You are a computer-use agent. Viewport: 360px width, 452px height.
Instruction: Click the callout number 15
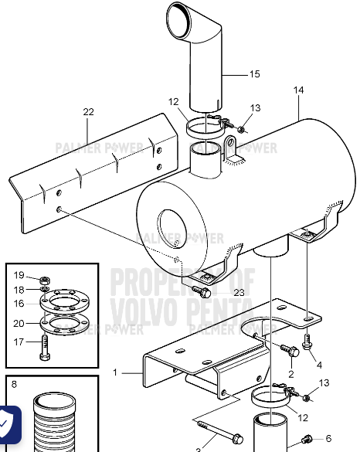click(x=254, y=74)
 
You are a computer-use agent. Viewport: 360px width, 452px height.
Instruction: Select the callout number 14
click(x=298, y=90)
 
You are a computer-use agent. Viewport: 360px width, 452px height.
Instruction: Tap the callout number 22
click(x=89, y=112)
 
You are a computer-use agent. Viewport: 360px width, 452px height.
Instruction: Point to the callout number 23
click(x=217, y=292)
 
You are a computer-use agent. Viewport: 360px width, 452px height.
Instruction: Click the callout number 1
click(x=115, y=372)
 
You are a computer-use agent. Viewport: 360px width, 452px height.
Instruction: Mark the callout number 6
click(x=328, y=438)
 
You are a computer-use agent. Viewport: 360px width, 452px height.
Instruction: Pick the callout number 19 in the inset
click(x=19, y=274)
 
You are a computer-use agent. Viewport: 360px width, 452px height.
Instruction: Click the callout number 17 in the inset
click(x=19, y=341)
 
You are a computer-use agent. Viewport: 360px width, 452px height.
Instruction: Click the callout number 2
click(x=290, y=374)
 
